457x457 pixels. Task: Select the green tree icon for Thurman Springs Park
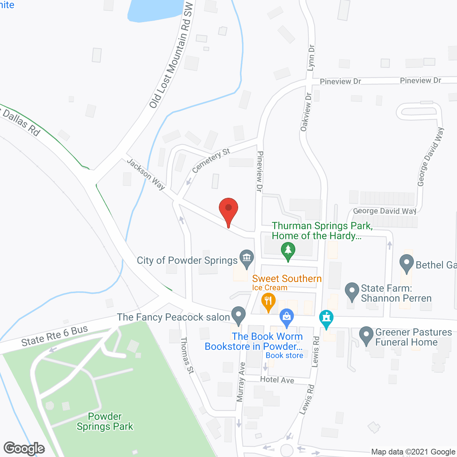click(x=288, y=251)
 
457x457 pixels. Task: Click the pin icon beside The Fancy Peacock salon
click(x=238, y=316)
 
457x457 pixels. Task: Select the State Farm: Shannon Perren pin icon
click(x=352, y=291)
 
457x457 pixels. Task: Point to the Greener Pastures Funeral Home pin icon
click(x=366, y=336)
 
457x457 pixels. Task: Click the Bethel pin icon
click(x=406, y=263)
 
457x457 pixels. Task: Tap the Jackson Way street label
click(x=146, y=174)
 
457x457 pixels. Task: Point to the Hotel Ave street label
click(x=277, y=380)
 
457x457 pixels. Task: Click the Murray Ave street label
click(x=241, y=382)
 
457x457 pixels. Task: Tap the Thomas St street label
click(x=187, y=355)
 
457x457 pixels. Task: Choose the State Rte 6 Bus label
click(x=54, y=336)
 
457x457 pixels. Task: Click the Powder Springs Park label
click(x=105, y=422)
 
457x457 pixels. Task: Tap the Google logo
click(x=24, y=448)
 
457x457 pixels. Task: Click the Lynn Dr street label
click(x=311, y=57)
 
